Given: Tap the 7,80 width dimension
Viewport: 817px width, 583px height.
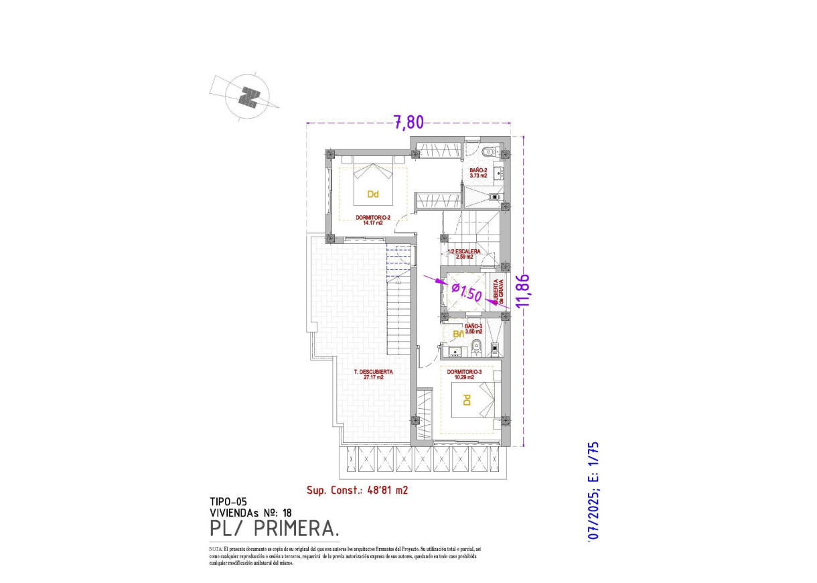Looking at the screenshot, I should tap(408, 122).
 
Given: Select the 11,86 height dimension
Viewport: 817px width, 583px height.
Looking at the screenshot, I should tap(524, 290).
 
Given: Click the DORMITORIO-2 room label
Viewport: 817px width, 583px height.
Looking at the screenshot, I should tap(374, 220).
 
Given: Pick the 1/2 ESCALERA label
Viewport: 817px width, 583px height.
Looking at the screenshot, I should tap(464, 254).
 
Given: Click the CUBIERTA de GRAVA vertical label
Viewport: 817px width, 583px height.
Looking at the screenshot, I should tap(498, 291).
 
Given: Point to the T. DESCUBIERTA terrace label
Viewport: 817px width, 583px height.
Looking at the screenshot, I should tap(373, 374).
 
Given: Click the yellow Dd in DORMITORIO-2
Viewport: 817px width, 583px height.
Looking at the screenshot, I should tap(373, 195).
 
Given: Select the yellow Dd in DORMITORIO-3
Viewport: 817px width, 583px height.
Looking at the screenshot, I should tap(466, 400).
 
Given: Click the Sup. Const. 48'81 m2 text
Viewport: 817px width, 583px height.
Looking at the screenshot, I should tap(357, 490).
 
